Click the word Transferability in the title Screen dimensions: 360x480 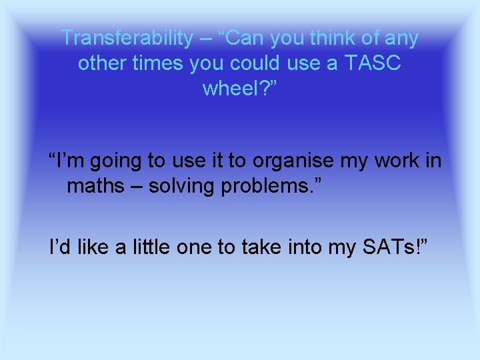125,38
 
